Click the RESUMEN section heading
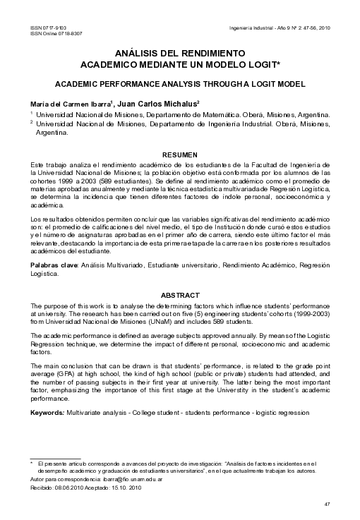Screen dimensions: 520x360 click(x=179, y=154)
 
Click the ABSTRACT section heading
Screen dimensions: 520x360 click(x=179, y=294)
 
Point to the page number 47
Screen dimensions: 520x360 click(x=326, y=504)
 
